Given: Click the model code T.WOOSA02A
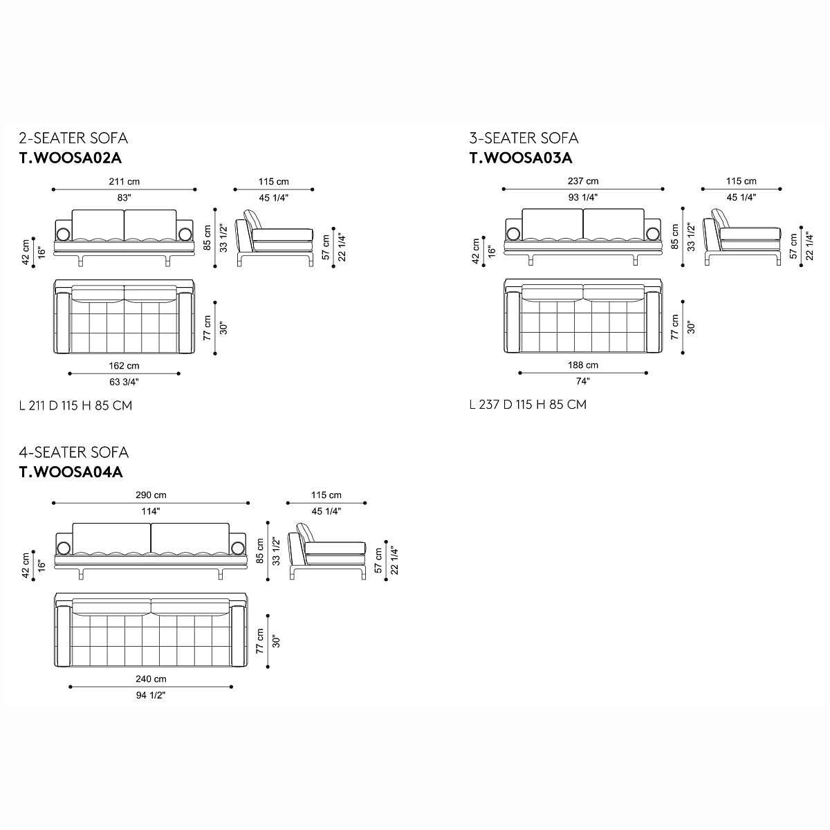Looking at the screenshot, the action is [x=71, y=158].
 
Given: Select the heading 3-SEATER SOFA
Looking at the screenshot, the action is [x=524, y=138].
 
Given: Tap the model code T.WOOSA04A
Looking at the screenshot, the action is [x=71, y=472].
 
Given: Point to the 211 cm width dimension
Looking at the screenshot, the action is [x=124, y=181].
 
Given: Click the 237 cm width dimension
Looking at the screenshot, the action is [x=583, y=181].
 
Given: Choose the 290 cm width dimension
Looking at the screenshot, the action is [x=151, y=495].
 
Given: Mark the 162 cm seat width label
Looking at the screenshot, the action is [x=124, y=366].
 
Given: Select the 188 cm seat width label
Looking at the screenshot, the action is [x=583, y=365].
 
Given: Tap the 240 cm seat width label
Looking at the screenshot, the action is [x=151, y=679].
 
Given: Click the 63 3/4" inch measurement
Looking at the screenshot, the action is [x=124, y=382].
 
